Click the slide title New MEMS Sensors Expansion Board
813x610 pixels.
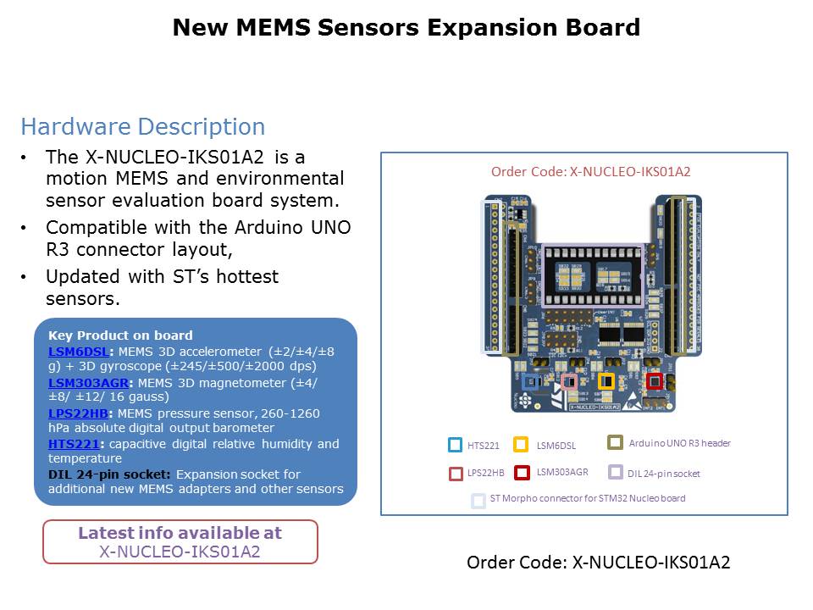click(x=406, y=28)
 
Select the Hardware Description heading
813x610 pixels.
click(x=142, y=127)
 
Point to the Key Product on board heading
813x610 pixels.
click(x=120, y=335)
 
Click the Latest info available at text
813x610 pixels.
click(x=180, y=533)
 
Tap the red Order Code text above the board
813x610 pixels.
click(x=590, y=172)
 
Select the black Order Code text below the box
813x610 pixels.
click(x=598, y=563)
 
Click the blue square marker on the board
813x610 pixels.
click(x=531, y=382)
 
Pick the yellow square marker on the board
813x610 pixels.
click(x=606, y=381)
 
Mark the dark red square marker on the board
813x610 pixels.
click(x=653, y=381)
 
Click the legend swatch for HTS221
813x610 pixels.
click(x=455, y=445)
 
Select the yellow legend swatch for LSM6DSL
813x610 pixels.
click(x=521, y=445)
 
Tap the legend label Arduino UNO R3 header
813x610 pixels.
click(x=679, y=443)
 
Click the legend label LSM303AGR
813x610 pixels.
click(x=563, y=473)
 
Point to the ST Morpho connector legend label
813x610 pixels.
click(x=587, y=498)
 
